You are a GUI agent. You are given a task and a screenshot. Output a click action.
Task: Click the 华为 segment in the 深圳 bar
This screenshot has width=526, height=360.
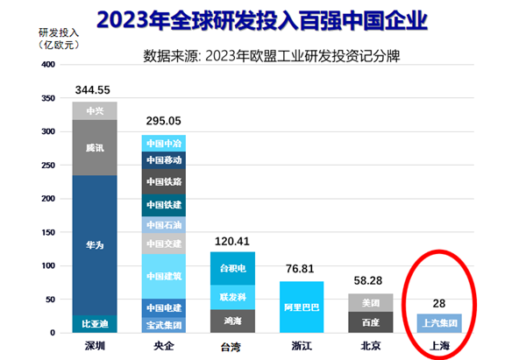[x=94, y=245]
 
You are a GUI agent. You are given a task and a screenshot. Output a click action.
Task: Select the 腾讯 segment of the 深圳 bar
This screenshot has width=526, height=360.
[x=94, y=148]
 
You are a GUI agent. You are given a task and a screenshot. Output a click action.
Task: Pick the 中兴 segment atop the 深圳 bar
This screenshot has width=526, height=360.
[x=94, y=110]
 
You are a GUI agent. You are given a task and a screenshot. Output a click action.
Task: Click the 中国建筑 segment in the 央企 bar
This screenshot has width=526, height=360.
[x=163, y=277]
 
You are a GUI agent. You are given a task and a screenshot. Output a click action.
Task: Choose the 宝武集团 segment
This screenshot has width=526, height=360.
[x=163, y=324]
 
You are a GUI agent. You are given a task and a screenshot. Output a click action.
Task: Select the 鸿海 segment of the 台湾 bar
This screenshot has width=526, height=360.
[x=232, y=321]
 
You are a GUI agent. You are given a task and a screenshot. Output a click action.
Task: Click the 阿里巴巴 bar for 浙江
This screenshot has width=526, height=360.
[x=302, y=307]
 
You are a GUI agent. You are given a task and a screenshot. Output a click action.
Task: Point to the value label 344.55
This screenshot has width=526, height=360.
[x=94, y=89]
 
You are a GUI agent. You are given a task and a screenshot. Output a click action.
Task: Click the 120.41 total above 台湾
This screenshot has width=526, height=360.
[x=232, y=240]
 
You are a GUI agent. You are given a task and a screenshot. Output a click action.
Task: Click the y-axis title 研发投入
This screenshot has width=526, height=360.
[x=32, y=31]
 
